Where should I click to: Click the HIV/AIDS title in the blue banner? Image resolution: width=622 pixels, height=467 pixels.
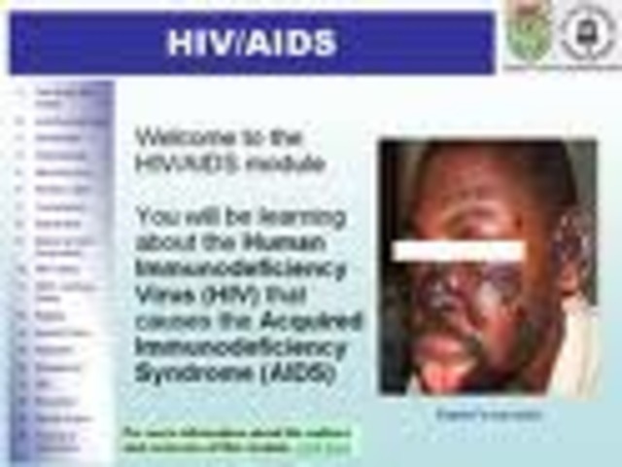click(x=252, y=43)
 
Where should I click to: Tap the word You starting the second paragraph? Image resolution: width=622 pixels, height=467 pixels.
click(x=154, y=216)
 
